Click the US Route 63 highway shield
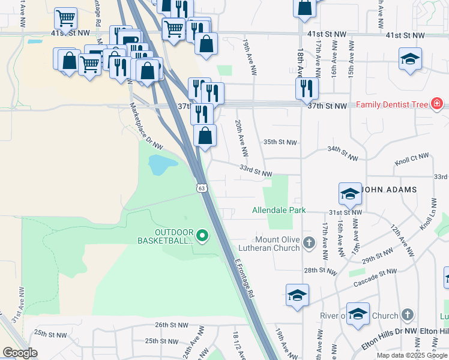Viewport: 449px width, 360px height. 202,188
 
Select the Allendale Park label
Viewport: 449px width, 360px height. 279,210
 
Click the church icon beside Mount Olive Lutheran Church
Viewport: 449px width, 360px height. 309,243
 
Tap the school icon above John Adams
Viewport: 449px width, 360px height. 350,193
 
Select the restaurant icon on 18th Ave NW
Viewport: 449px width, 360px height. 307,88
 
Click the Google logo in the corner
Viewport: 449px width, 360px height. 20,353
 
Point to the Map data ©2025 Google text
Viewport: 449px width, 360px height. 411,355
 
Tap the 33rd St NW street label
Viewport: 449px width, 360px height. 256,172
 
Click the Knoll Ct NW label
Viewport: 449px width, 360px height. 412,159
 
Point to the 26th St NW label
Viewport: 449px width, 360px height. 171,325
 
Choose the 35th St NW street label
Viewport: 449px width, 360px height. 280,142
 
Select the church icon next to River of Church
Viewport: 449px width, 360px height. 408,315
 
